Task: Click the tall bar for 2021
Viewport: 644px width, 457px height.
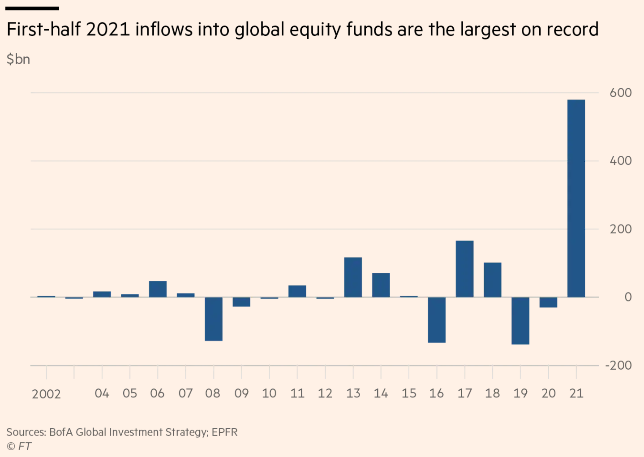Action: [576, 198]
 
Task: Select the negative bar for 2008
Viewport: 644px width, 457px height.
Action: [214, 319]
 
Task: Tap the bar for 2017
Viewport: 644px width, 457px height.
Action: [464, 269]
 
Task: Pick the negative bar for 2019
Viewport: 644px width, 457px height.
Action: [520, 321]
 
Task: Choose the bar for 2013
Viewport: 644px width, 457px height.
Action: [353, 277]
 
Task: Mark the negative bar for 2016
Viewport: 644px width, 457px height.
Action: [437, 320]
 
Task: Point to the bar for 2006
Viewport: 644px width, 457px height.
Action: [158, 289]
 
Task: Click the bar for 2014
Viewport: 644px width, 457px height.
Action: [381, 285]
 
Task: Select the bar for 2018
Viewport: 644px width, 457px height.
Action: [492, 280]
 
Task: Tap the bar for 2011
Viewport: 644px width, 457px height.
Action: [297, 291]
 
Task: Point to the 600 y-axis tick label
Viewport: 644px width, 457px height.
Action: [620, 93]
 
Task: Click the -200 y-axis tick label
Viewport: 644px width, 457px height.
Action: [618, 366]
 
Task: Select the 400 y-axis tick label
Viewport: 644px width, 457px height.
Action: [620, 161]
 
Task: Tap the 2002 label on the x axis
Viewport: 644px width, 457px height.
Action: [46, 394]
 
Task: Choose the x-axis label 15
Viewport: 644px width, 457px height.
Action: [409, 393]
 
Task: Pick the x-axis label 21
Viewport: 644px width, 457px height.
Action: [576, 393]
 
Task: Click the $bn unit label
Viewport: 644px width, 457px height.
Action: [18, 59]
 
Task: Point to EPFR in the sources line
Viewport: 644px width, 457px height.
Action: [224, 432]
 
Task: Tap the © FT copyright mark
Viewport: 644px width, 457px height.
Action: [19, 446]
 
